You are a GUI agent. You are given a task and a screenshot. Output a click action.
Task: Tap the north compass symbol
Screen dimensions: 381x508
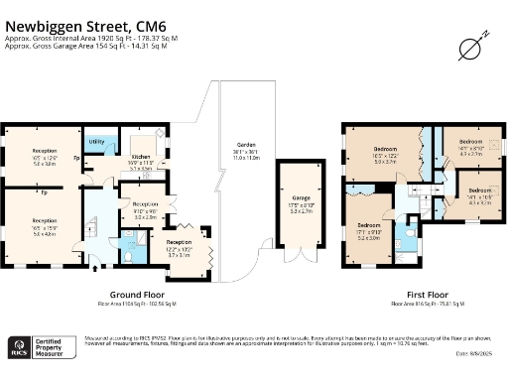click(471, 46)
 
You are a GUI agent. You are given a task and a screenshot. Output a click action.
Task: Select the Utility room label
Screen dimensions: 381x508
click(96, 142)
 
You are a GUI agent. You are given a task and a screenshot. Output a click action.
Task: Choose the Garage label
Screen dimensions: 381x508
click(300, 202)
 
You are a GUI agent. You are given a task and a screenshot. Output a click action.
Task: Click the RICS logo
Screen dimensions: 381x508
click(18, 347)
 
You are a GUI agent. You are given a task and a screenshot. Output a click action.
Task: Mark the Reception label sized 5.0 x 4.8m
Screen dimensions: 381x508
click(44, 224)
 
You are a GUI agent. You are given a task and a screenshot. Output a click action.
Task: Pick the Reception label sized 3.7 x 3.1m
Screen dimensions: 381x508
click(180, 246)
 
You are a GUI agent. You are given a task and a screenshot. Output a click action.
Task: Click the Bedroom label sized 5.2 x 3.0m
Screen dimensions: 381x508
click(369, 230)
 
